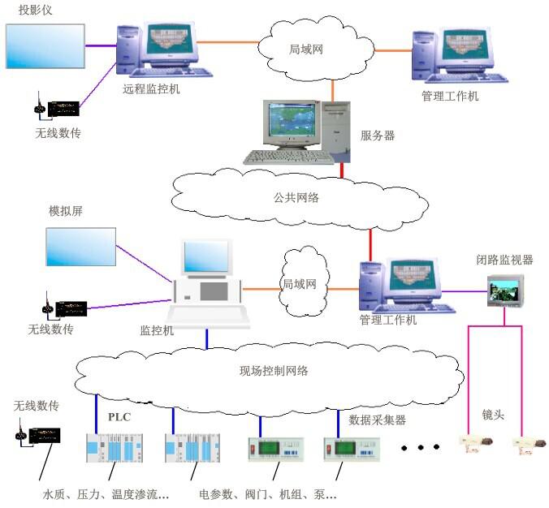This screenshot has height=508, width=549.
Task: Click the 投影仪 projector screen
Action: click(45, 46)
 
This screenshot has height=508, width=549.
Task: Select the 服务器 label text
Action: click(378, 136)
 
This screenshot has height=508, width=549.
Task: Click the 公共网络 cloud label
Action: click(296, 197)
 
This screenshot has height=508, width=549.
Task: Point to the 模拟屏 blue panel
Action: click(80, 248)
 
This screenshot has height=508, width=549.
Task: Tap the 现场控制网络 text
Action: click(274, 372)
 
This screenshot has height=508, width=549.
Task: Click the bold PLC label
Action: click(119, 417)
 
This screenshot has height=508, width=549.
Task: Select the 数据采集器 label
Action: click(377, 420)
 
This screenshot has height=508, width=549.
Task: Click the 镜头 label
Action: click(493, 415)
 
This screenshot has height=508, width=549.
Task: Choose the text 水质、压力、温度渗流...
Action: click(106, 493)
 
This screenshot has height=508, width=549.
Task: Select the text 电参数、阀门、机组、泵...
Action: click(267, 493)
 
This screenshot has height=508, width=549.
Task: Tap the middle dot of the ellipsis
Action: click(419, 446)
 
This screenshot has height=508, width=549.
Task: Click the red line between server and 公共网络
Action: click(343, 170)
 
